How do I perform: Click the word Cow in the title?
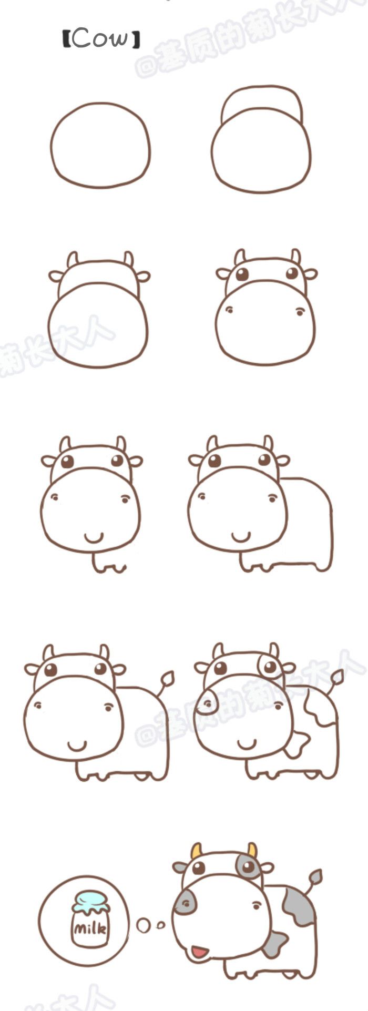tap(100, 38)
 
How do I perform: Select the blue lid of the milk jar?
tap(90, 900)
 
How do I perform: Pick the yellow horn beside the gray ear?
tap(196, 851)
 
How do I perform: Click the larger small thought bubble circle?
tap(142, 925)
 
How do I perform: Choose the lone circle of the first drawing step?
tap(100, 145)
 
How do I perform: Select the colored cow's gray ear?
tap(180, 867)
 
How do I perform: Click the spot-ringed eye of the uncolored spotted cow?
tap(270, 667)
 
